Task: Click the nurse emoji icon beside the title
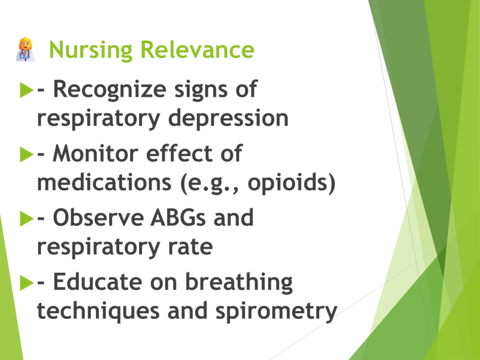click(x=25, y=49)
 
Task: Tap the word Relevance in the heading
click(x=197, y=50)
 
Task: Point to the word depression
click(x=228, y=119)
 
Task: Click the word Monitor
click(x=96, y=153)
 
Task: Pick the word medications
click(x=104, y=182)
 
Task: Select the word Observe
click(x=98, y=217)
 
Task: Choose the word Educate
click(x=97, y=282)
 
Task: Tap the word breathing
click(x=239, y=283)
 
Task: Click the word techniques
click(x=98, y=312)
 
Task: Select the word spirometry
click(x=276, y=312)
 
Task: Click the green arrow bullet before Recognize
click(x=27, y=90)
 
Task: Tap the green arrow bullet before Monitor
click(x=27, y=154)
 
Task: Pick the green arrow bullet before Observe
click(x=27, y=218)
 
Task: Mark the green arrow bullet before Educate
click(x=27, y=283)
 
